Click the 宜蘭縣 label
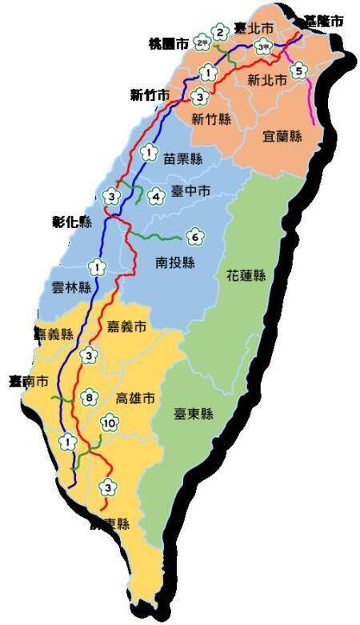pyautogui.click(x=282, y=136)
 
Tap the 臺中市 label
pyautogui.click(x=190, y=191)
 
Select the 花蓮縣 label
pyautogui.click(x=245, y=275)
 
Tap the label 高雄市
pyautogui.click(x=134, y=398)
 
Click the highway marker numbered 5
pyautogui.click(x=298, y=70)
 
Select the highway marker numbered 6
pyautogui.click(x=193, y=238)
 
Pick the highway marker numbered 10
pyautogui.click(x=110, y=423)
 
